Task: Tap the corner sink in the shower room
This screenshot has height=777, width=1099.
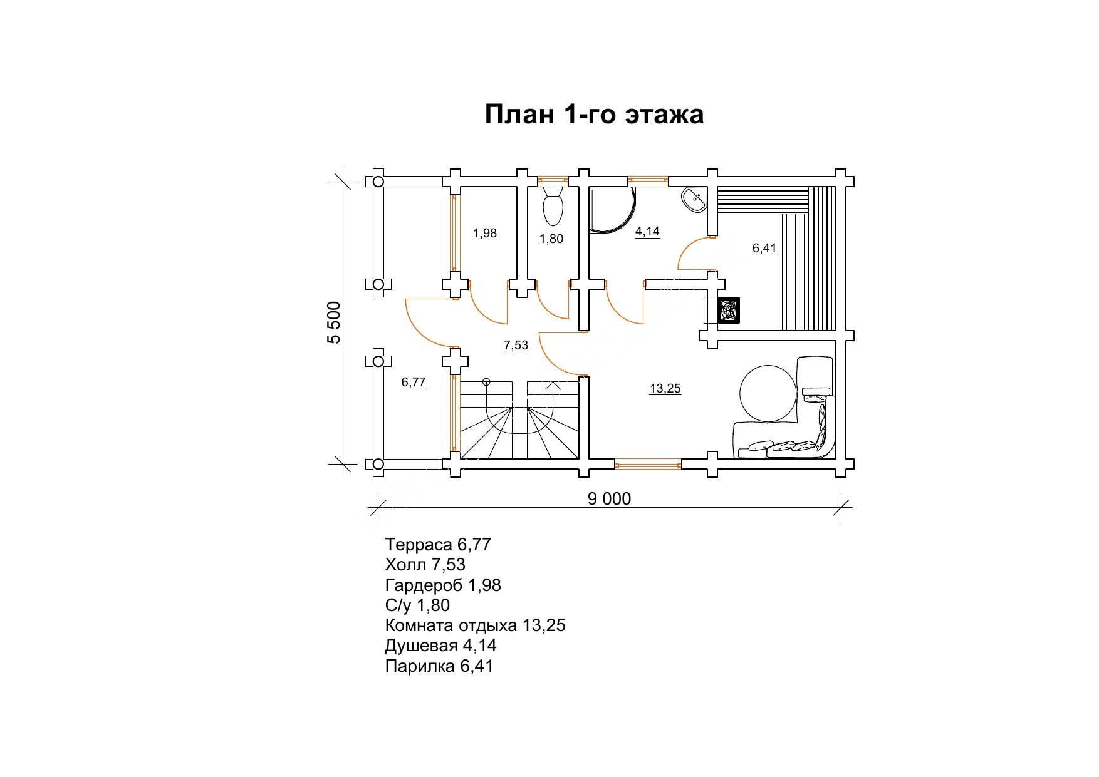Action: (x=694, y=200)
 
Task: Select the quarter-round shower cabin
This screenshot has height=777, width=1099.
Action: (x=611, y=211)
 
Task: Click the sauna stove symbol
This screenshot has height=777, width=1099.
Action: (x=729, y=311)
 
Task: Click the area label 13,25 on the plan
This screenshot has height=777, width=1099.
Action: (x=665, y=389)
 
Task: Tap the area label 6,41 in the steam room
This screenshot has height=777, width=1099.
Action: (x=764, y=249)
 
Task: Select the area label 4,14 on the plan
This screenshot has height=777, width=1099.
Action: (x=647, y=232)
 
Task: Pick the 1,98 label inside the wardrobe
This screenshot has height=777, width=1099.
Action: (x=485, y=234)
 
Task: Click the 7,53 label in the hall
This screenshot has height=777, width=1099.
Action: (x=516, y=346)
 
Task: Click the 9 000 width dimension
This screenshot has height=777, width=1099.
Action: (x=610, y=498)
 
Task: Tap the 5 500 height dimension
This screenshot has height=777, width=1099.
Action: (x=335, y=322)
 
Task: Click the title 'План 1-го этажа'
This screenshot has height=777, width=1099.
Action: (x=594, y=115)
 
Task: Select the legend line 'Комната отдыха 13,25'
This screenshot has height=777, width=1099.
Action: (x=476, y=625)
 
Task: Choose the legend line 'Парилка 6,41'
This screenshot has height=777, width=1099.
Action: (x=439, y=666)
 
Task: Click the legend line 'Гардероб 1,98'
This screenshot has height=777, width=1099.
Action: (x=443, y=585)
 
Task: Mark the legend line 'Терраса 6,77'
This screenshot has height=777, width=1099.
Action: (x=438, y=545)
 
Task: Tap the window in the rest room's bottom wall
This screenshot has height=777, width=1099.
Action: (x=648, y=464)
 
